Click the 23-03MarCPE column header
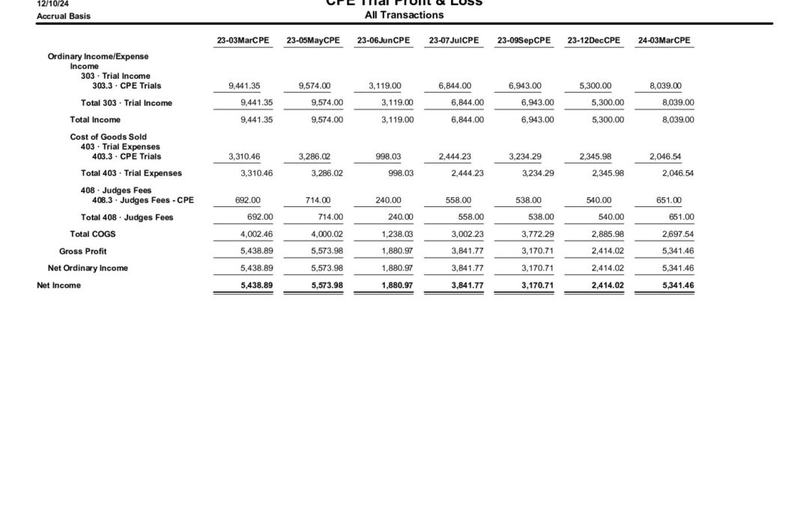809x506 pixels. tap(243, 40)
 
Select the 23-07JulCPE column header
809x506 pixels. tap(454, 40)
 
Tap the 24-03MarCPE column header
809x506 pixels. tap(664, 40)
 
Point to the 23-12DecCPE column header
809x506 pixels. tap(594, 40)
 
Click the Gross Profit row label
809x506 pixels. tap(83, 251)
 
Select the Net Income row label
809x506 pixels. tap(59, 285)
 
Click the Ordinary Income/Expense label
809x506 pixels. tap(98, 56)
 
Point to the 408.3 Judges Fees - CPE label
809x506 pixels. tap(143, 200)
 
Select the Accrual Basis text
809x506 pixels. tap(64, 16)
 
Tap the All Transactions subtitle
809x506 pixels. tap(404, 15)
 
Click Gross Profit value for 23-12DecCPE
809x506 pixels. tap(598, 251)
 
